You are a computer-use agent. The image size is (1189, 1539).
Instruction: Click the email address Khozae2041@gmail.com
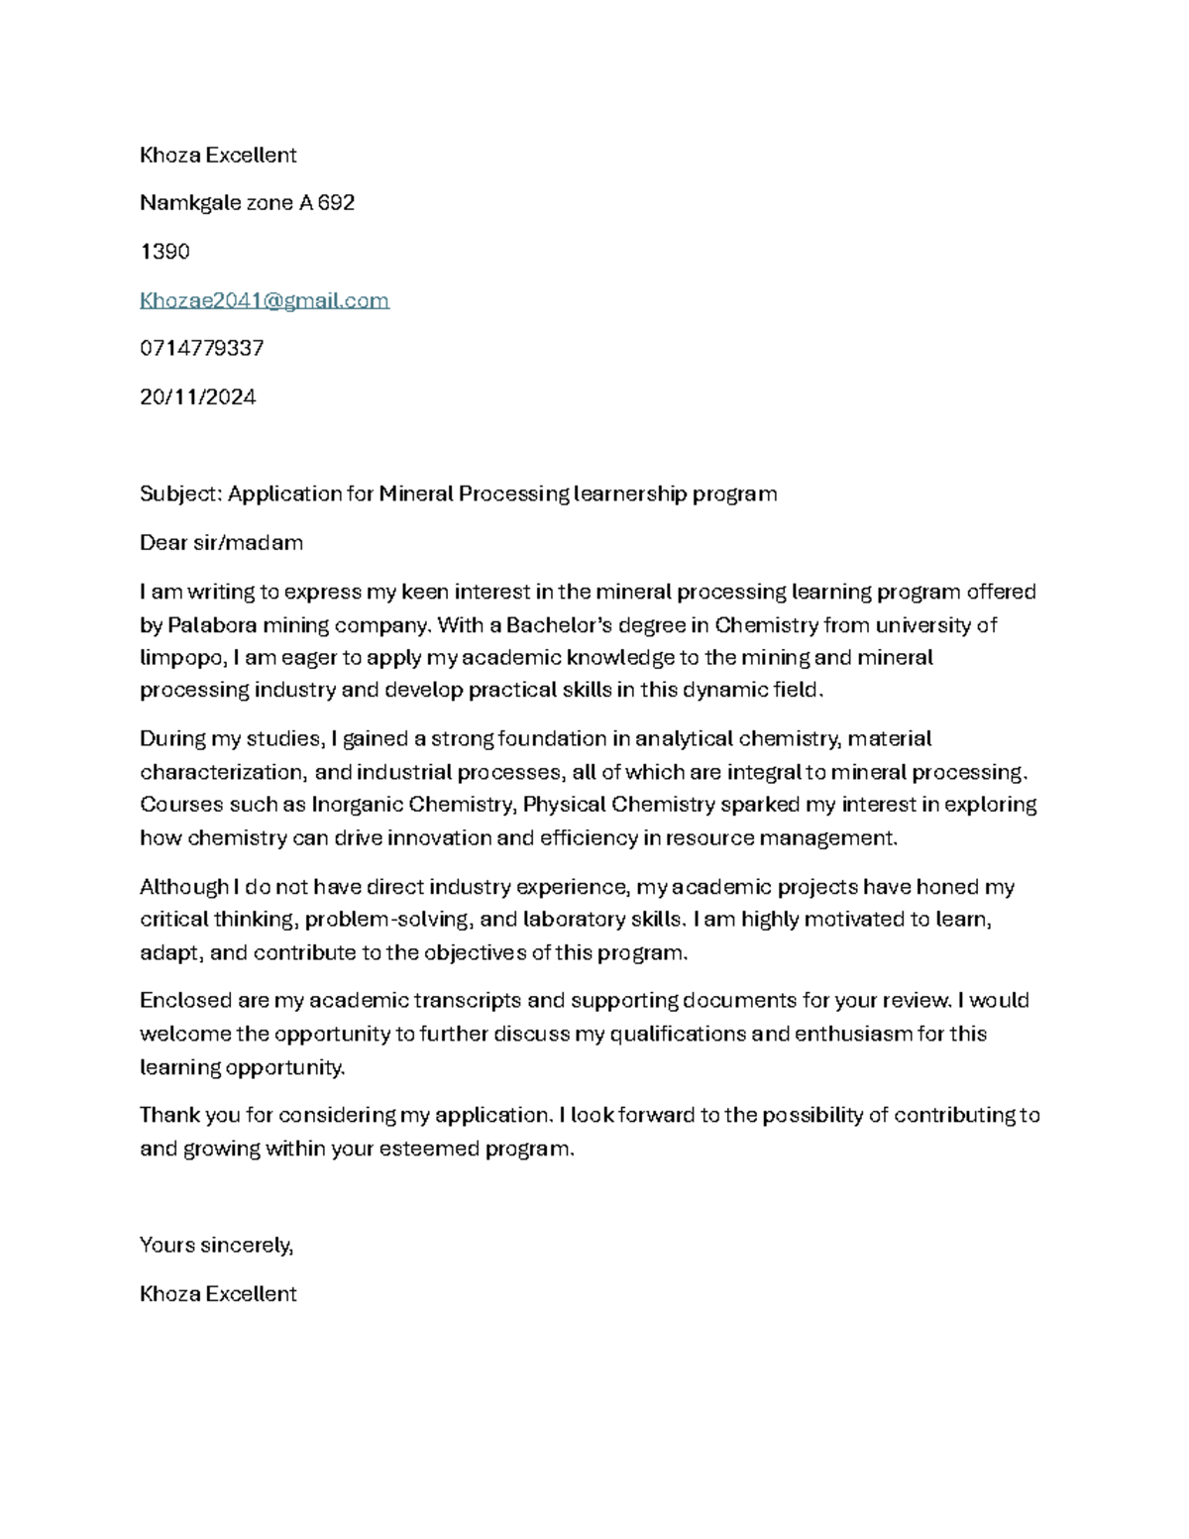click(x=264, y=300)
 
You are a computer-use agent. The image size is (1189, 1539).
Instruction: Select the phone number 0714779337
click(x=202, y=349)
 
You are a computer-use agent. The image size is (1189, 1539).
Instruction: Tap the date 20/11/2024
click(x=198, y=397)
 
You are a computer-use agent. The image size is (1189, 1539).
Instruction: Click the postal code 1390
click(x=164, y=252)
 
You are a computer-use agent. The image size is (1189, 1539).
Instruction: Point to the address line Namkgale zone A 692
click(x=247, y=203)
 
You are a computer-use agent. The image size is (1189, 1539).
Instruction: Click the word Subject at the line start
click(x=182, y=495)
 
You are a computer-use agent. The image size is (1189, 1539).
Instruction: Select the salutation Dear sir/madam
click(x=221, y=543)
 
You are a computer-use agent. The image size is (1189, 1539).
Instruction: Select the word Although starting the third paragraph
click(x=182, y=887)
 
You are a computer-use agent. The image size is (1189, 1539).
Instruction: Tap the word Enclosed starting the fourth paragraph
click(x=185, y=1001)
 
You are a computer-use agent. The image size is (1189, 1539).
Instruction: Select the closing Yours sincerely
click(x=216, y=1246)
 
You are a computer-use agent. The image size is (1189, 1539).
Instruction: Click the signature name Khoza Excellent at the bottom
click(x=218, y=1294)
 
